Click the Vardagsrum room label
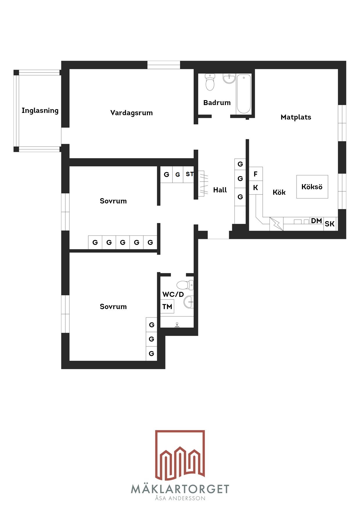(132, 113)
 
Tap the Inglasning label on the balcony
(40, 111)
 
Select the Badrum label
(217, 103)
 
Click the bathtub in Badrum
(244, 94)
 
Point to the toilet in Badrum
(210, 82)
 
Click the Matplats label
(296, 117)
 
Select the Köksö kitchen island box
(312, 187)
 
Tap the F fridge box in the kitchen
(256, 174)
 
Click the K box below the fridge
(256, 188)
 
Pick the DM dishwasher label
(316, 221)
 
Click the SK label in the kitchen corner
(330, 224)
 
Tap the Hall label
(220, 190)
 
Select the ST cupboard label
(190, 174)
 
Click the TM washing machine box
(167, 306)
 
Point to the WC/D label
(173, 295)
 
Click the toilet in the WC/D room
(185, 285)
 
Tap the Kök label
(279, 192)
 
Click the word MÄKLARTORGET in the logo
(180, 489)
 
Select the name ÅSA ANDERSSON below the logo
(180, 498)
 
